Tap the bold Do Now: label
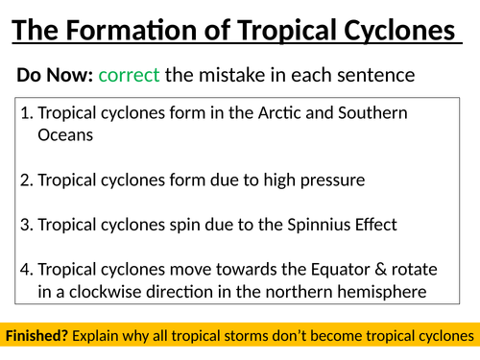54,75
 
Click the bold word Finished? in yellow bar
37,336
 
